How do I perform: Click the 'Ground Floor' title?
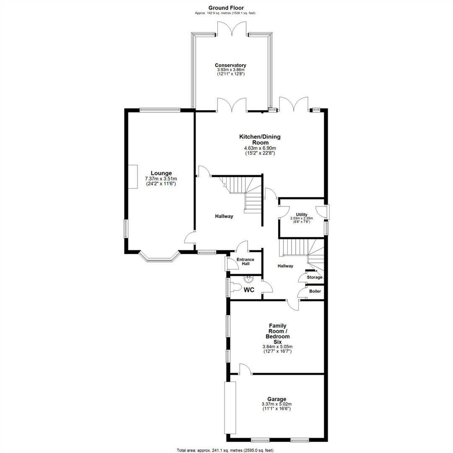[x=226, y=8]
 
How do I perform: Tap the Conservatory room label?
[x=230, y=65]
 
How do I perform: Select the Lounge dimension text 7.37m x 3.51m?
[x=161, y=179]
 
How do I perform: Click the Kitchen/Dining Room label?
[x=260, y=139]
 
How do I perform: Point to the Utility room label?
[x=302, y=214]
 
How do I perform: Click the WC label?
[x=249, y=289]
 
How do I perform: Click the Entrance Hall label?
[x=245, y=262]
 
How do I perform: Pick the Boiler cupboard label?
[x=315, y=291]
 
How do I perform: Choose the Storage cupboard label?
[x=315, y=277]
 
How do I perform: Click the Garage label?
[x=277, y=399]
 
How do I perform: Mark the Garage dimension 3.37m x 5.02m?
[x=277, y=404]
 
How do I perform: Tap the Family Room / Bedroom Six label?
[x=277, y=333]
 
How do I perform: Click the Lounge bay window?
[x=159, y=257]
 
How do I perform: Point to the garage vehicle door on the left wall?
[x=230, y=408]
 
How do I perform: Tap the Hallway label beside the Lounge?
[x=224, y=216]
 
